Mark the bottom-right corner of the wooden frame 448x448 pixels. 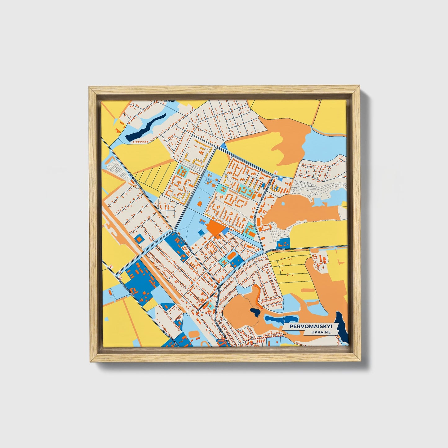pos(361,362)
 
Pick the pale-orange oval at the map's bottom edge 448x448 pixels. pos(194,334)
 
